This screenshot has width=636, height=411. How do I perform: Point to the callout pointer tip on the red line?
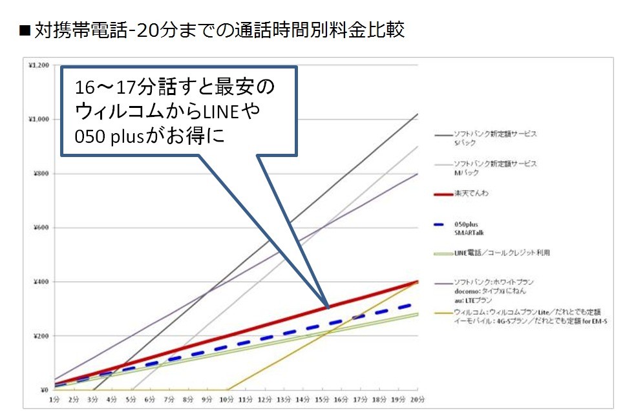tap(328, 307)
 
